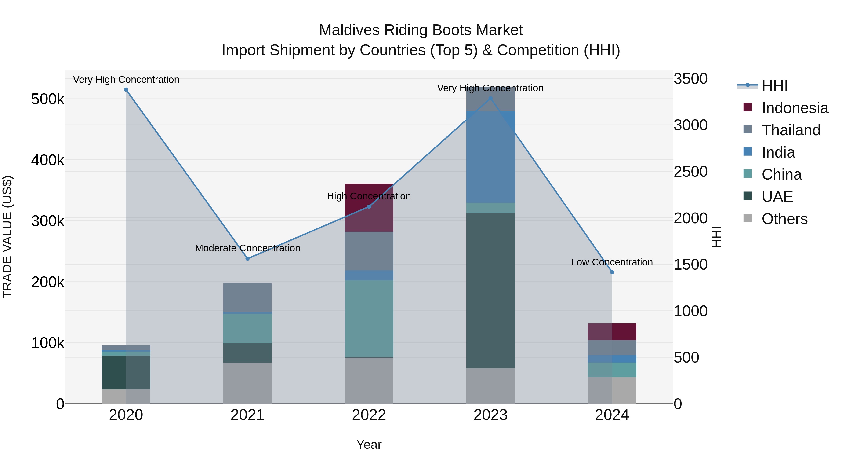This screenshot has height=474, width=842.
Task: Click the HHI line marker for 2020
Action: coord(126,90)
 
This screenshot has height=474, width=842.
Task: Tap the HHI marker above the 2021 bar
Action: coord(247,259)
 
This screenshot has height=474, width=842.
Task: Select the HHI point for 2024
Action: coord(612,272)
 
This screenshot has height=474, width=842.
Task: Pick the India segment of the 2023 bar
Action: coord(490,157)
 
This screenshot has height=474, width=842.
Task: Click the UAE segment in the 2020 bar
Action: coord(126,372)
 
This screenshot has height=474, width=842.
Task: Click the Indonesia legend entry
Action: coord(795,108)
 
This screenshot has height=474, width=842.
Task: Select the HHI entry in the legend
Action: coord(774,86)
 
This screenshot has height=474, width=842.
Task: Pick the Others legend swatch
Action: coord(748,218)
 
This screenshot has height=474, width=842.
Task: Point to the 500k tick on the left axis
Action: coord(48,99)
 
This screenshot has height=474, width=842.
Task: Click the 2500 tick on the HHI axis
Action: coord(690,172)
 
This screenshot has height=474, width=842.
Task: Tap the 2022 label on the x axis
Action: coord(369,415)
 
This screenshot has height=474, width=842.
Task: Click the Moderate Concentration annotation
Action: coord(247,248)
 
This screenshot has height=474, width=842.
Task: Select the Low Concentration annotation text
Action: coord(612,262)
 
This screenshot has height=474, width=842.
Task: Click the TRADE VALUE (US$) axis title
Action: coord(7,237)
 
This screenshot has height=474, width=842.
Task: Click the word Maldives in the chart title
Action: coord(349,30)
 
